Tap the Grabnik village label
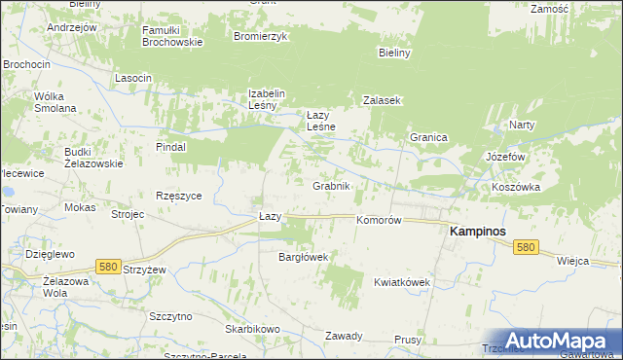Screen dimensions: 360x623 coord(331,185)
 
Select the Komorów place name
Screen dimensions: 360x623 coord(379,221)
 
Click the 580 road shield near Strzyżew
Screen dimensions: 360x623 coord(108,266)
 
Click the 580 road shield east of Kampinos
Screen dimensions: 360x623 coord(527,248)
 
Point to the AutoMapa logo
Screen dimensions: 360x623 coord(559,340)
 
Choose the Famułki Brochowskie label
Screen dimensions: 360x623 coord(171,36)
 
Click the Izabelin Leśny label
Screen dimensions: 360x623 coord(266,100)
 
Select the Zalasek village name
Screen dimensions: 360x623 coord(383,100)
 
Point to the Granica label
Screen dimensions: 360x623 coord(427,138)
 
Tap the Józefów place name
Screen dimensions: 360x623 coord(505,157)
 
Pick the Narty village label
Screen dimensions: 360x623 coord(522,126)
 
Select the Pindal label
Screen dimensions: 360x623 coord(170,147)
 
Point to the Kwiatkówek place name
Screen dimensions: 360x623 coord(402,282)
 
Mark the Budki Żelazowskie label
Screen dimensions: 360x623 coord(93,158)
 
